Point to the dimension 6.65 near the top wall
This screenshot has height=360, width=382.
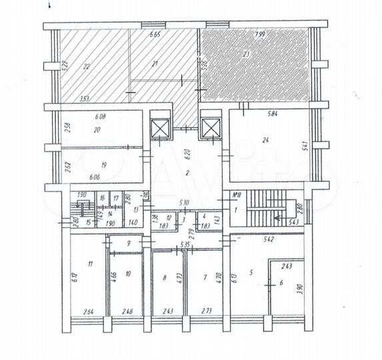pos(155,34)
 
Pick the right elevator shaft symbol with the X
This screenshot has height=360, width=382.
pos(210,127)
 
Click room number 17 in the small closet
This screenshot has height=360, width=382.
pos(115,198)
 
